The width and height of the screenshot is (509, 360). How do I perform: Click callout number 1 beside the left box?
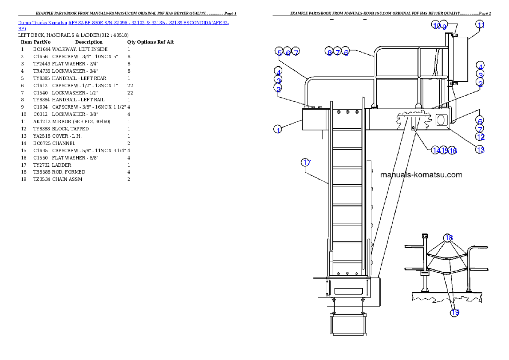[278, 129]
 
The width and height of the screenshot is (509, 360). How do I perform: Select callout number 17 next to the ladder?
[306, 162]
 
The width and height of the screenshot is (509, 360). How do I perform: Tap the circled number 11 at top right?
[481, 25]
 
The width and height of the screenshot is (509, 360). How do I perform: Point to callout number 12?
[480, 137]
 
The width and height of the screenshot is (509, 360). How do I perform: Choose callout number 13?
[480, 149]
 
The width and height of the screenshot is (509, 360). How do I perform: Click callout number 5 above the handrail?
[280, 53]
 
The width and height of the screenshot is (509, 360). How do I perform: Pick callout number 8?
[329, 53]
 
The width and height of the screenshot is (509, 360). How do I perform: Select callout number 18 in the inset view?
[448, 238]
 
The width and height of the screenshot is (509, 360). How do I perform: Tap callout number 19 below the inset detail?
[455, 313]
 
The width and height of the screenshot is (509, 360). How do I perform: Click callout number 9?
[444, 26]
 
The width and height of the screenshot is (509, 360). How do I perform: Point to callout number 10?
[436, 26]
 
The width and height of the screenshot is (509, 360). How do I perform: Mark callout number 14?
[436, 150]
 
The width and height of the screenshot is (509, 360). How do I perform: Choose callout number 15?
[444, 150]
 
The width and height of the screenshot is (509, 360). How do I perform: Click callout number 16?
[453, 150]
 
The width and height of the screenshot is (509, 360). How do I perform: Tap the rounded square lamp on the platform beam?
[441, 120]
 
